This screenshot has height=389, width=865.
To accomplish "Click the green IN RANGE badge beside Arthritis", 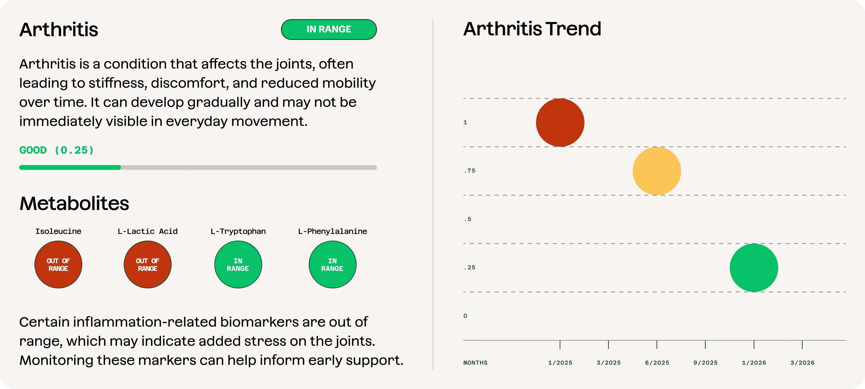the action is tap(329, 30).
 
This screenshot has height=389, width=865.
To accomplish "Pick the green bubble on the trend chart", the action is tap(754, 268).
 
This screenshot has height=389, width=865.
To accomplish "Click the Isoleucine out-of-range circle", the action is tap(58, 264).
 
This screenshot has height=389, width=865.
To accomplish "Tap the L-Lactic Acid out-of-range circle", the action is tap(148, 264).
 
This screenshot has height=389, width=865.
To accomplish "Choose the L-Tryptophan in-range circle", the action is tap(238, 264).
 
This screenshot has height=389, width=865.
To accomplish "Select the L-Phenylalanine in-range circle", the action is tap(333, 264).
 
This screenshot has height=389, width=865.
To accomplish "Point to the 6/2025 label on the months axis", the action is tap(657, 362).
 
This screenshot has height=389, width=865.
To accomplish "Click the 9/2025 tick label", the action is tap(705, 362).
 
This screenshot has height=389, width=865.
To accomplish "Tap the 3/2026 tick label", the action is tap(803, 362).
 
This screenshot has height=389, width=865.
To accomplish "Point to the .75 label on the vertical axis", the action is tap(469, 171).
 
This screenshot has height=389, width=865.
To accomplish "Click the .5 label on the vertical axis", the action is tap(467, 219).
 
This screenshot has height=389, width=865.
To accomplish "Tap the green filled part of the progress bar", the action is tap(70, 167).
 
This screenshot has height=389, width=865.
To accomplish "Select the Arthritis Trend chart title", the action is tap(532, 29).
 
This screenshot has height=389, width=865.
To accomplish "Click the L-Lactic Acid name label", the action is tap(148, 231).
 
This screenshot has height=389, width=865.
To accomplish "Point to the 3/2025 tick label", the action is tap(609, 362).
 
